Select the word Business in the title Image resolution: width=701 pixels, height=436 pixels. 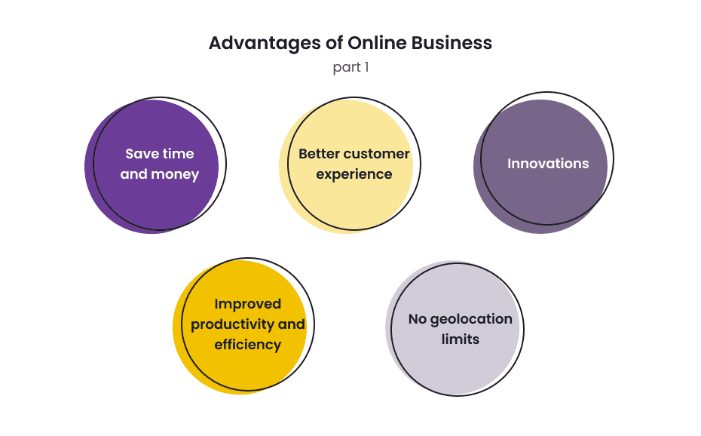coord(452,43)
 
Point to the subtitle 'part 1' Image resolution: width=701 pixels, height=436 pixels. coord(350,67)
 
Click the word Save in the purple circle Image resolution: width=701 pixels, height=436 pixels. coord(142,154)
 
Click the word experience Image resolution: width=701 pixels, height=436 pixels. coord(354,174)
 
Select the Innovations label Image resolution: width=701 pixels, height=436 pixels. coord(548,163)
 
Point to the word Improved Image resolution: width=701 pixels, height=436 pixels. coord(247,304)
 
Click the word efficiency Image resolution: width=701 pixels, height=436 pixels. coord(247,345)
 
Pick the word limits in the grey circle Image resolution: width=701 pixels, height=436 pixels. coord(460,339)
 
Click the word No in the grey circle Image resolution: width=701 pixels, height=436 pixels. coord(418,319)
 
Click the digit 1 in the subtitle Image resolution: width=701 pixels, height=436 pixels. coord(366,67)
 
